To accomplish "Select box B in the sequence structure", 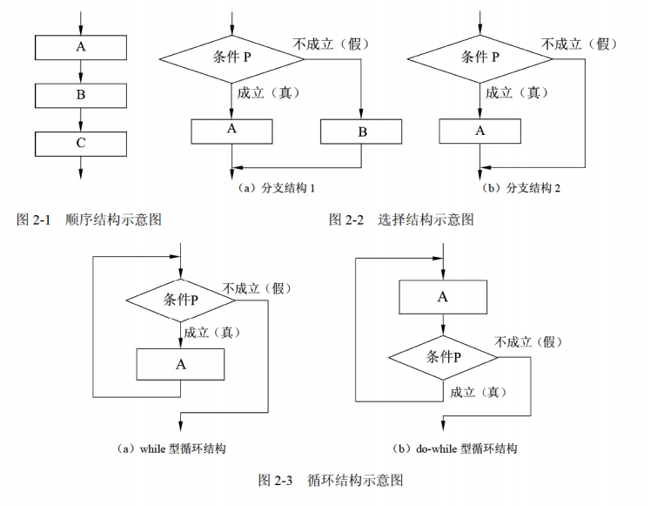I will pos(80,94).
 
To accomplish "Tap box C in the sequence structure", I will pos(80,142).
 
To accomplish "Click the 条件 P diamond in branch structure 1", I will pos(231,58).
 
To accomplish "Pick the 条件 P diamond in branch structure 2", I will pos(479,58).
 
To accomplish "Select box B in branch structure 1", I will pos(361,132).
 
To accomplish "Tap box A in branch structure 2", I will pos(479,131).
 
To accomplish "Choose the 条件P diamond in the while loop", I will pos(180,300).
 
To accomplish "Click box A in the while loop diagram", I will pos(180,364).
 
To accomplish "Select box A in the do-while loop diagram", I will pos(443,297).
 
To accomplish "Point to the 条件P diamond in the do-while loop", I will pos(443,358).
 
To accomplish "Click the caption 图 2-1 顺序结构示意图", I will pos(90,220).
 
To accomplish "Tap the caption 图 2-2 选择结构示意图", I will pos(401,220).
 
